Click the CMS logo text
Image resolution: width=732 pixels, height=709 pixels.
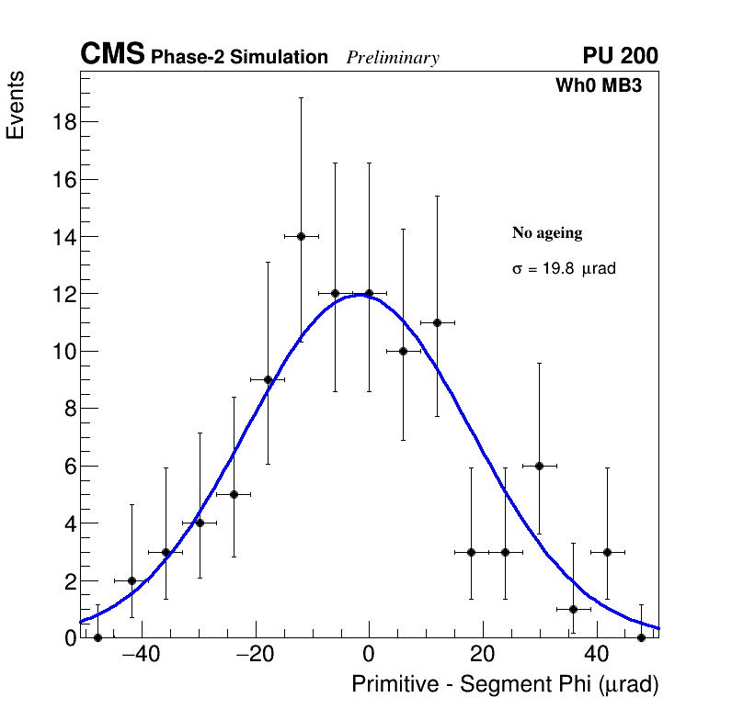click(x=112, y=55)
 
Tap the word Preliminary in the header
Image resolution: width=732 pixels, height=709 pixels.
click(x=393, y=58)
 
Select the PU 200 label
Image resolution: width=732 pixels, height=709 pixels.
click(x=620, y=56)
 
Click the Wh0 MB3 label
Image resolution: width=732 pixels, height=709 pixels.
click(x=598, y=86)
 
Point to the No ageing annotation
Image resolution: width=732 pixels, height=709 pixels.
click(x=547, y=233)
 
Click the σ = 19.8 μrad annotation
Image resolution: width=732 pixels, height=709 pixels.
click(x=563, y=269)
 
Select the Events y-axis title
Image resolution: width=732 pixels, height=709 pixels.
click(x=16, y=105)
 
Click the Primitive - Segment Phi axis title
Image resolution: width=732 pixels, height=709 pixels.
click(x=505, y=684)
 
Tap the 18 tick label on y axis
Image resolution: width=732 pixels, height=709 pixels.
click(x=62, y=122)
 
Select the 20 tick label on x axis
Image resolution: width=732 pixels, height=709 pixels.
click(x=483, y=655)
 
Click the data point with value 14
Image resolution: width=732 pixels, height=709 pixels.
click(x=301, y=236)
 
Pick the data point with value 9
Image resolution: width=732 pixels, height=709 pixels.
click(x=268, y=379)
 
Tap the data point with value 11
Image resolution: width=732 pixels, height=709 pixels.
click(x=437, y=322)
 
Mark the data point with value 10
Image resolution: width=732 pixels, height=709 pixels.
click(x=403, y=351)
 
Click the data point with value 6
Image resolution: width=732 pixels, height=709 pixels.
click(x=539, y=466)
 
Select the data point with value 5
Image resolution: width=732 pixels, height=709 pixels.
click(x=234, y=494)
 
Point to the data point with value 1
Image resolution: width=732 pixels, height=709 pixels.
click(x=573, y=609)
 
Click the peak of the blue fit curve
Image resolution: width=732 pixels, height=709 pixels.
click(x=361, y=295)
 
